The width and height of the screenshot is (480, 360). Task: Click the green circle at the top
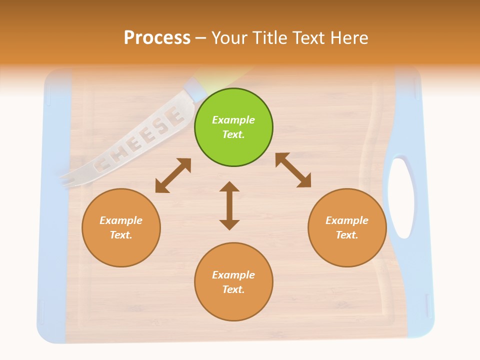233,127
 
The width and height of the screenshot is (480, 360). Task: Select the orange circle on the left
121,227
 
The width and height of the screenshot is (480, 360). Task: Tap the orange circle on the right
347,227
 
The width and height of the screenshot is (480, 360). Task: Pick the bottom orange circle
233,282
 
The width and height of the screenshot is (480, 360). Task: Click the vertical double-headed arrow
229,205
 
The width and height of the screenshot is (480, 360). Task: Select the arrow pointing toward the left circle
173,175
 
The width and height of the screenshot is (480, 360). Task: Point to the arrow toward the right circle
293,170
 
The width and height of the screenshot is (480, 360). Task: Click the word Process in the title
157,37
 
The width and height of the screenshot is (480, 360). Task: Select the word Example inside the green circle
233,120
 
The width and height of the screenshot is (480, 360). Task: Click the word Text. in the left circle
121,235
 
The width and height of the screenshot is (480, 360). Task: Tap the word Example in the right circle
347,220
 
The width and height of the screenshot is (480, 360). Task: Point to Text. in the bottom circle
233,289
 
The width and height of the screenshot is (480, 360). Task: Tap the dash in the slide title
201,38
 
